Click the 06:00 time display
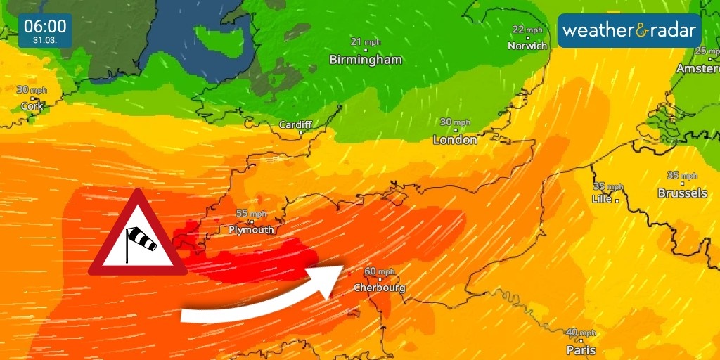coord(45,27)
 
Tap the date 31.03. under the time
coord(45,41)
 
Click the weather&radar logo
coord(629,31)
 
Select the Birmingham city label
coord(366,60)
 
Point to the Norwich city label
coord(527,46)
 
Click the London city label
coord(455,140)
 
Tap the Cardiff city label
coord(295,124)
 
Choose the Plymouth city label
coord(251,230)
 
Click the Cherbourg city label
coord(379,288)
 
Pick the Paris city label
coord(581,350)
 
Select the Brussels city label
coord(682,193)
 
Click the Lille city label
coord(602,199)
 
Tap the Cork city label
coord(32,106)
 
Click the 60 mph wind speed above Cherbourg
coord(380,271)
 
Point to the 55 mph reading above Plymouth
coord(251,214)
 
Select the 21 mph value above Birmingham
coord(366,42)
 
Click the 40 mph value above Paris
coord(581,333)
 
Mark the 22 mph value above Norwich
coord(527,30)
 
